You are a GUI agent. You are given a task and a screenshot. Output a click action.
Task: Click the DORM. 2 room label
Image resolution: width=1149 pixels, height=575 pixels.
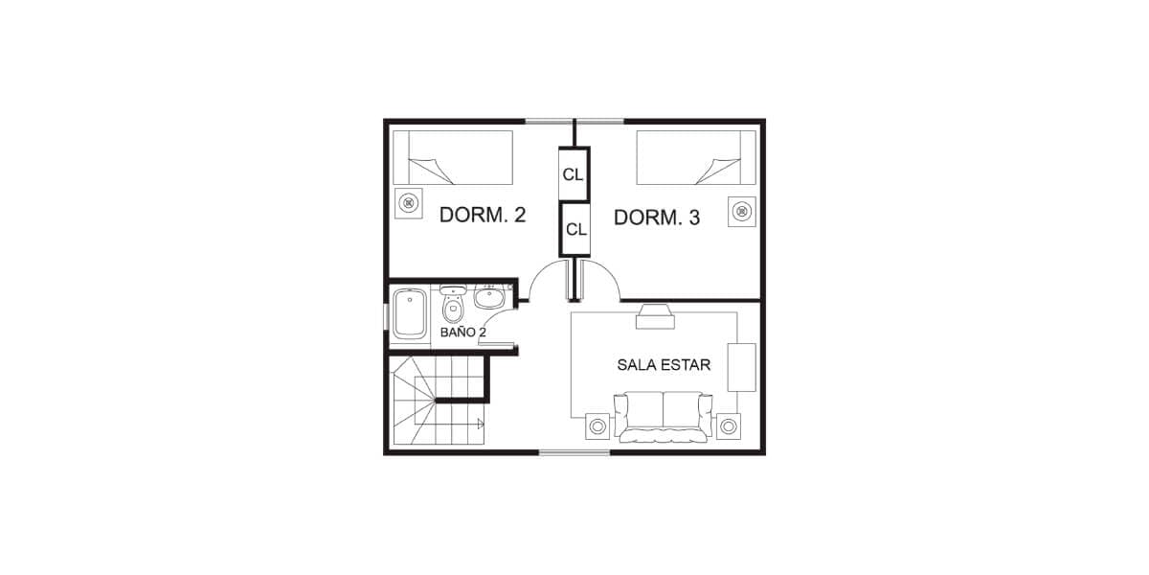coord(483,215)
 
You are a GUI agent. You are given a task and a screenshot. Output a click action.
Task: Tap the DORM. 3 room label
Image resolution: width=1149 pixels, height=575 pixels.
coord(657,218)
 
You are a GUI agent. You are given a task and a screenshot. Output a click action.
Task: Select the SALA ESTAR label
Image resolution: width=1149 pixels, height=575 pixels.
coord(664,365)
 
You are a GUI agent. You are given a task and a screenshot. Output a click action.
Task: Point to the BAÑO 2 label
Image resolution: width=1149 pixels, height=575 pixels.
coord(463,333)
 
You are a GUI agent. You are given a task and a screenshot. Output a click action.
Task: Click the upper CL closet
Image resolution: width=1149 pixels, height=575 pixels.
coord(574,174)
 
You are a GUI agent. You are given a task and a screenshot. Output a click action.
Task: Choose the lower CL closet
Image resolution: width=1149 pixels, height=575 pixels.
coord(575,229)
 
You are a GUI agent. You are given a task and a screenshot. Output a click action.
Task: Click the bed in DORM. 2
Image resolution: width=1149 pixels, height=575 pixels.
coord(453,157)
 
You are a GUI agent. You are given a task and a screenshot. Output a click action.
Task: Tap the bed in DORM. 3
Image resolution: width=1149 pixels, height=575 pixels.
coord(696,157)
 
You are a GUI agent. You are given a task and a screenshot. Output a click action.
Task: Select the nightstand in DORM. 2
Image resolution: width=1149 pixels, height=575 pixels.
coord(408,203)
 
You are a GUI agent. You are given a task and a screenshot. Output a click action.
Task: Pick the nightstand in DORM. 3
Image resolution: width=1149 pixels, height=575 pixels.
coord(742,212)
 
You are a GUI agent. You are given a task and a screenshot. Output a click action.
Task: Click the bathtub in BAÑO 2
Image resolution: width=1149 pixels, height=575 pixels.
coord(410,313)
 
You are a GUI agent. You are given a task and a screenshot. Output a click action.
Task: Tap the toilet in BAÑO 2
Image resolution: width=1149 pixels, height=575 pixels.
coord(452,304)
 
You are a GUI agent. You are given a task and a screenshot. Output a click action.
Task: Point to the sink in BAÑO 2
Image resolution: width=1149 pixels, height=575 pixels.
coord(490,297)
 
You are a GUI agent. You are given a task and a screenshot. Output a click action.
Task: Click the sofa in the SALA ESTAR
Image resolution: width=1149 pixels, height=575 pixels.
coord(664,417)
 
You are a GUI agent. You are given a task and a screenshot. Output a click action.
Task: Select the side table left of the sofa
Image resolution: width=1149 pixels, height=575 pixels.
coord(597,426)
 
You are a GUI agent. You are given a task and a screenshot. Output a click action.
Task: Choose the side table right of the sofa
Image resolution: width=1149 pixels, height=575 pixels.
coord(729,426)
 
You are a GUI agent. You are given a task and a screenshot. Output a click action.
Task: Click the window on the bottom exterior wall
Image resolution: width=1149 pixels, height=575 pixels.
coord(574,452)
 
